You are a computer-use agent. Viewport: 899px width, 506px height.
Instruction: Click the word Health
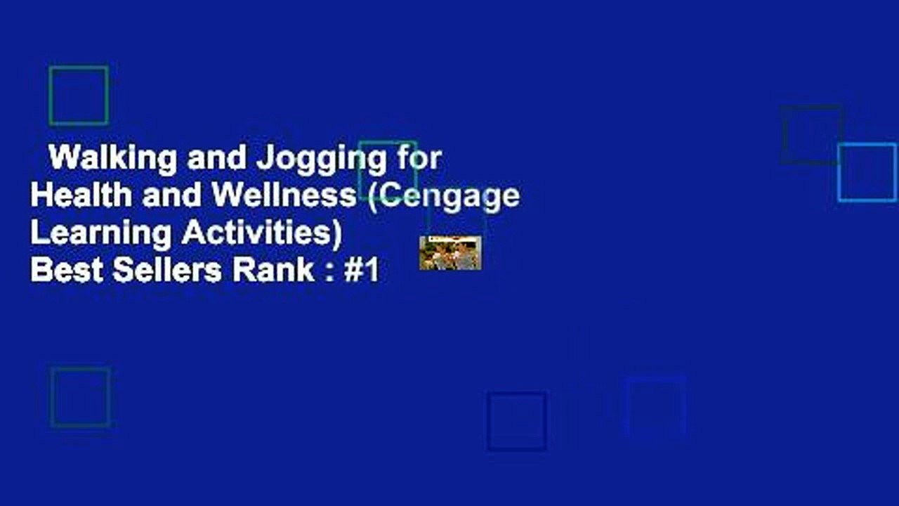coord(81,195)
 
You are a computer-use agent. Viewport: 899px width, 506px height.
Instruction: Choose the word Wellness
coord(284,195)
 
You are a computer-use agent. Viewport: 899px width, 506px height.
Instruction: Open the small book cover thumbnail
coord(450,253)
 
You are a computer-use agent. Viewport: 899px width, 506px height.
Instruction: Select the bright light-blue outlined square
coord(867,172)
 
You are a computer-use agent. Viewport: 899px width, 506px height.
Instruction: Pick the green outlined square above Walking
coord(79,96)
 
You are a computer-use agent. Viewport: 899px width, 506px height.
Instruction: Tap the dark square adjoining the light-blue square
coord(813,135)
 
